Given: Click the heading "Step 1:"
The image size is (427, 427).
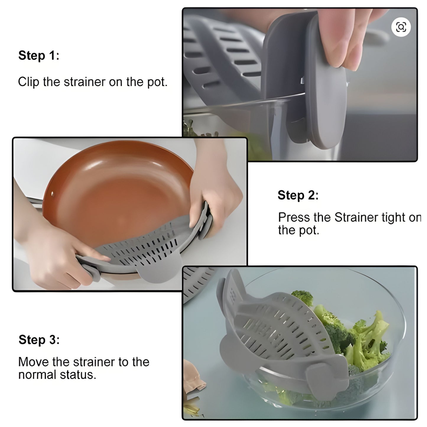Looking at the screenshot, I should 39,56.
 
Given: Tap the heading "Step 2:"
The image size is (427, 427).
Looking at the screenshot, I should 298,195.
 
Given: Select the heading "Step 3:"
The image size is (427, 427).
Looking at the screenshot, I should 39,340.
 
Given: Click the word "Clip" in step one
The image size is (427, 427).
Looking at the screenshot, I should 28,82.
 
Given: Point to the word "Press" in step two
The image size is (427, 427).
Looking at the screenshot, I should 294,217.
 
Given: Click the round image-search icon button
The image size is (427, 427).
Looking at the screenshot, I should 401,27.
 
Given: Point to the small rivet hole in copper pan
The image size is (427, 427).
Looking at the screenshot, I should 53,194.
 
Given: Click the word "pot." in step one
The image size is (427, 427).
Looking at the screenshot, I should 157,82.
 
